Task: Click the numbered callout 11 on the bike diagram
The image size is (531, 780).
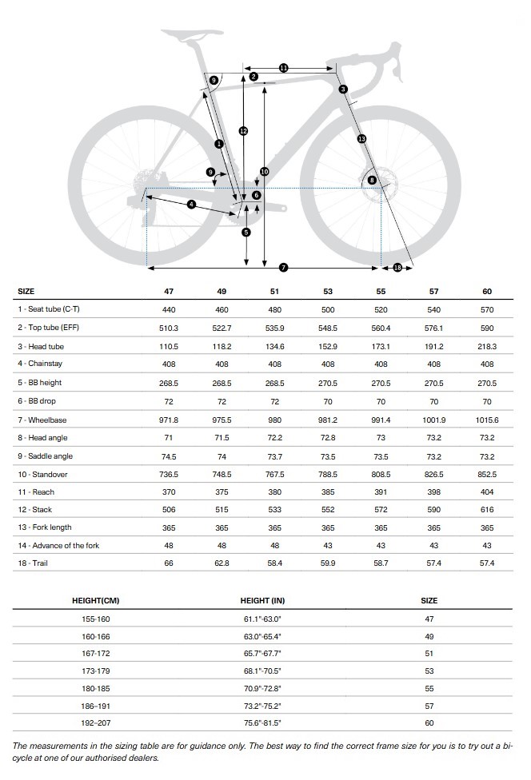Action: pyautogui.click(x=283, y=68)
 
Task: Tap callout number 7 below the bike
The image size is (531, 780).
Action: pyautogui.click(x=283, y=266)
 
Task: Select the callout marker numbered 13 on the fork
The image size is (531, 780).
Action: pyautogui.click(x=361, y=139)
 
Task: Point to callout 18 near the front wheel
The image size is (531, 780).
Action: pyautogui.click(x=397, y=266)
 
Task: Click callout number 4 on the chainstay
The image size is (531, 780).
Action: pyautogui.click(x=191, y=205)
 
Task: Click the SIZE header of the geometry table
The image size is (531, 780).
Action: pyautogui.click(x=26, y=292)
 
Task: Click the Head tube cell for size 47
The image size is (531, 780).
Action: pyautogui.click(x=169, y=347)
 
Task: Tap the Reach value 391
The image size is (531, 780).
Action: pyautogui.click(x=381, y=491)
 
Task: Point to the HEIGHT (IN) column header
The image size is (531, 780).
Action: pyautogui.click(x=262, y=600)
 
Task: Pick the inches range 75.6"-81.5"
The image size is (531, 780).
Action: pyautogui.click(x=262, y=722)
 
